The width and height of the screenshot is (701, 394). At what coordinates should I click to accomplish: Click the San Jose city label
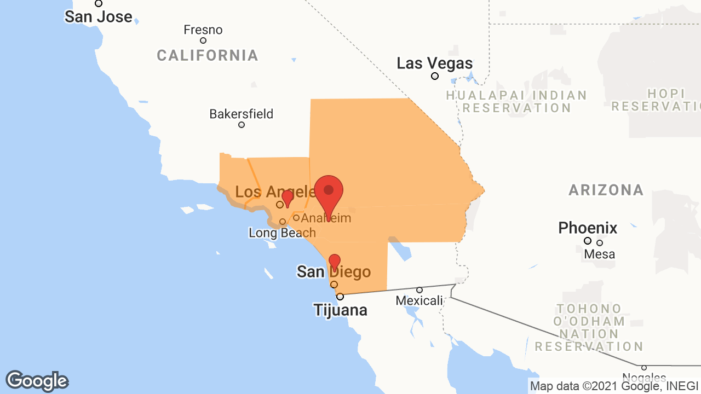[x=99, y=16]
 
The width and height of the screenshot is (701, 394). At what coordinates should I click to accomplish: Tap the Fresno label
[x=203, y=30]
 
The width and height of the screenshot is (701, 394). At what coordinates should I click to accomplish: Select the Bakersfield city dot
[x=242, y=125]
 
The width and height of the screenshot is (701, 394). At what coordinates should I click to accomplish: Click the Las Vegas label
[x=434, y=63]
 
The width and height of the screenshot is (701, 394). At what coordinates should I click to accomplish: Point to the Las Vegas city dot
[x=435, y=76]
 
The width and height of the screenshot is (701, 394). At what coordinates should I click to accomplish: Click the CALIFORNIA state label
[x=207, y=55]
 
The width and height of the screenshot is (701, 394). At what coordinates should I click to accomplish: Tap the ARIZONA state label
[x=606, y=190]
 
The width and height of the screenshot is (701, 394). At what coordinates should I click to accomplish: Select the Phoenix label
[x=588, y=228]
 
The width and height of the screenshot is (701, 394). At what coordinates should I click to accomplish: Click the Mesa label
[x=599, y=254]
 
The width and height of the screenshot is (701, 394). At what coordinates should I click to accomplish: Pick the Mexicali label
[x=419, y=300]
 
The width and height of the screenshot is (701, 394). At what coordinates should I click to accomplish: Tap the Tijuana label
[x=340, y=310]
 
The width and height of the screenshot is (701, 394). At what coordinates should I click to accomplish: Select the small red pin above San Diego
[x=334, y=262]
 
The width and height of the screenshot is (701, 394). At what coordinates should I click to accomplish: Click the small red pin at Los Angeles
[x=287, y=198]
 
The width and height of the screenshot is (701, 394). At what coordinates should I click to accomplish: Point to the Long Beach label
[x=282, y=233]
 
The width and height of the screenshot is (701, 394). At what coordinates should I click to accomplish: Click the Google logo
[x=37, y=381]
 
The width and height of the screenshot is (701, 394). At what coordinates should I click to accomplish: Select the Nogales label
[x=644, y=378]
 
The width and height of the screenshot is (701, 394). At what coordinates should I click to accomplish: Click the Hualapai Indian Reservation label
[x=516, y=102]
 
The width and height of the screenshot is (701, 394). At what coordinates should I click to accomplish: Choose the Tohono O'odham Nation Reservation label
[x=589, y=327]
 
